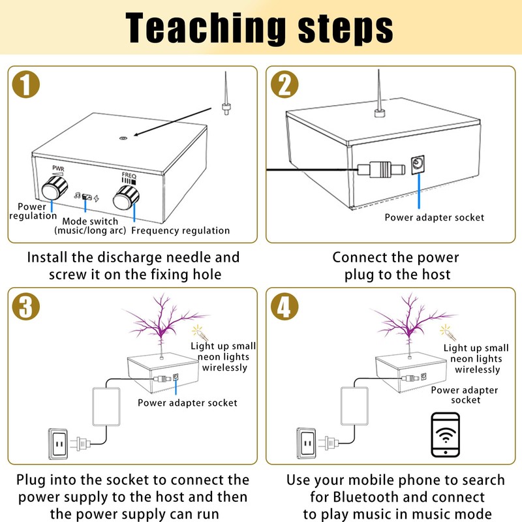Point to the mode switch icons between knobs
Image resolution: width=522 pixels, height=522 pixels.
point(86,196)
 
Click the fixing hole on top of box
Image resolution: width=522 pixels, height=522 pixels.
point(123,138)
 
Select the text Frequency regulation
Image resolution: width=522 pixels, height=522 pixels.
point(181,230)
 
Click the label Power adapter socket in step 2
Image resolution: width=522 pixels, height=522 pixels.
point(434,217)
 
